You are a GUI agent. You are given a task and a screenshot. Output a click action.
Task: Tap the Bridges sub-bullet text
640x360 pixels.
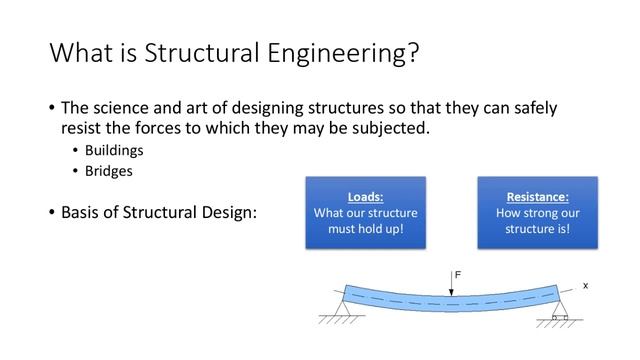(x=109, y=171)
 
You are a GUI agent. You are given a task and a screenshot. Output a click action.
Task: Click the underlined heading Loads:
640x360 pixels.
(x=365, y=196)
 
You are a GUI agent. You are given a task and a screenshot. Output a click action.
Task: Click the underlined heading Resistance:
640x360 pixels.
(x=537, y=196)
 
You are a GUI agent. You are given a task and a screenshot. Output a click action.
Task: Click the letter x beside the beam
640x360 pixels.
(x=586, y=285)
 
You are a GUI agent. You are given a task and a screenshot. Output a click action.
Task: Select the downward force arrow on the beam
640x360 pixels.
(x=451, y=285)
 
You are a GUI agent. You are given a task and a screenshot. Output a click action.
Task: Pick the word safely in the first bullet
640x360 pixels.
(x=530, y=108)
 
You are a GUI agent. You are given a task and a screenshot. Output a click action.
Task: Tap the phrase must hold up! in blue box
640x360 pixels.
(x=365, y=229)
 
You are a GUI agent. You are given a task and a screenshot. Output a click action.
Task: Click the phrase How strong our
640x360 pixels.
(x=537, y=213)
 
